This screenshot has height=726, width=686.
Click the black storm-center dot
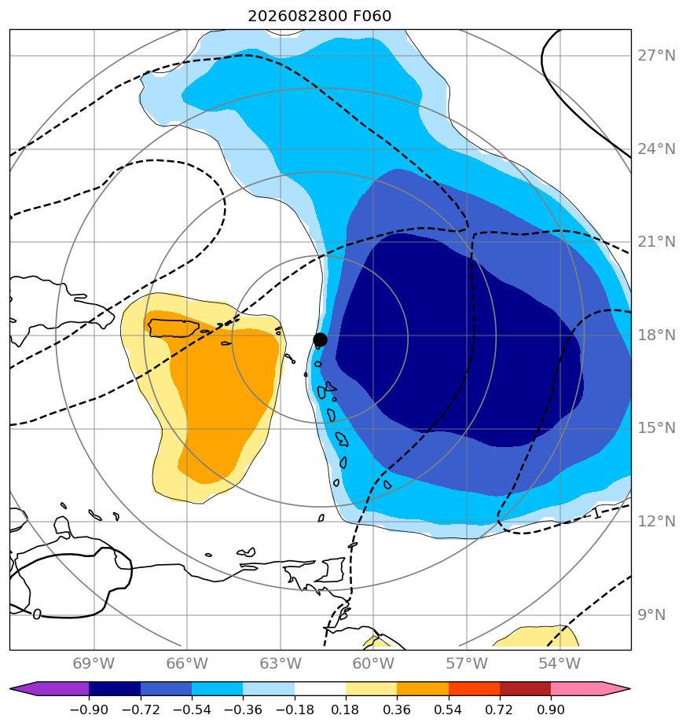320,340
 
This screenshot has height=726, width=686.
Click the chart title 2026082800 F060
320,16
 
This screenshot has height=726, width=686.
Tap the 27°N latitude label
656,56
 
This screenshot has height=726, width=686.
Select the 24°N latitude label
656,149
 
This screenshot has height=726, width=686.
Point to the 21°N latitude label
656,242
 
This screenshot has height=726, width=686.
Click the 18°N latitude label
656,335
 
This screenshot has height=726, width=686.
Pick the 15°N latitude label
656,428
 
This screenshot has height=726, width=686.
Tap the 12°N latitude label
656,522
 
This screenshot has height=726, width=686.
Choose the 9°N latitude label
651,615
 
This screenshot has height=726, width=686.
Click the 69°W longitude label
94,664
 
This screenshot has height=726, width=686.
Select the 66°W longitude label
187,664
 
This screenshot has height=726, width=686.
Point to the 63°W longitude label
281,664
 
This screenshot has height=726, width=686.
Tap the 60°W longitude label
373,664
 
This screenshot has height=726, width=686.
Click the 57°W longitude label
467,664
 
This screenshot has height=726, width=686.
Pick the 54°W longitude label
559,664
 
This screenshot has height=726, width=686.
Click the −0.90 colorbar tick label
89,709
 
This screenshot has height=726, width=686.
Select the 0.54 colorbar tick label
449,709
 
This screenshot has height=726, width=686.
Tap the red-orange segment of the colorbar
475,688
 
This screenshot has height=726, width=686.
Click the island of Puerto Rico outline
173,328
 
